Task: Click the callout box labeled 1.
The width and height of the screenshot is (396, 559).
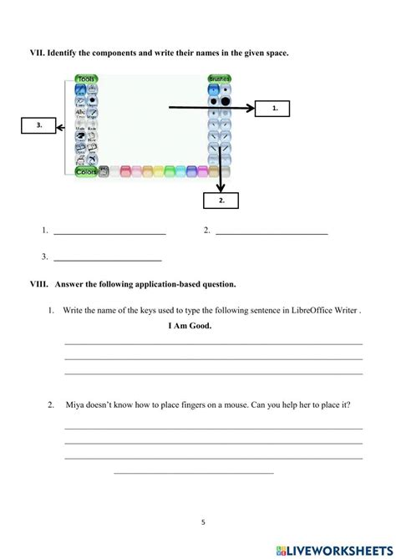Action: (275, 108)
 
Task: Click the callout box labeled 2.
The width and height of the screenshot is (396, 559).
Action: (221, 201)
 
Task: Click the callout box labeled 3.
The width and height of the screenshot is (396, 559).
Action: (38, 125)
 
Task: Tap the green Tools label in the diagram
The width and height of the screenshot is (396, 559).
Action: (87, 79)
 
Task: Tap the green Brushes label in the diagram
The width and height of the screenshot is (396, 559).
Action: (220, 79)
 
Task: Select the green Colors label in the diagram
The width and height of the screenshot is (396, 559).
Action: (86, 171)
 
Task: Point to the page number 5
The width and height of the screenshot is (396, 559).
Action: (203, 522)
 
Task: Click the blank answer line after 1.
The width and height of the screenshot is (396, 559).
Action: (109, 233)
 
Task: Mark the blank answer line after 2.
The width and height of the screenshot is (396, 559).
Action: (272, 233)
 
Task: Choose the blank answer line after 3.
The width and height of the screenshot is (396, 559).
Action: (107, 260)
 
